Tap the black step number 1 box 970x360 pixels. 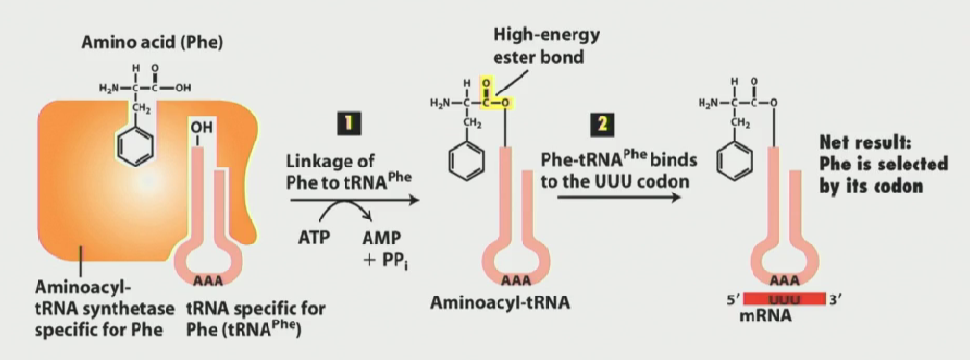click(x=351, y=124)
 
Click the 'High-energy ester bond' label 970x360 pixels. click(x=546, y=46)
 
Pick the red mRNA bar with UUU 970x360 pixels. click(x=785, y=300)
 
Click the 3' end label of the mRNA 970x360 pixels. click(x=835, y=300)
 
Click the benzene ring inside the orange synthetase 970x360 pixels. click(x=135, y=149)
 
